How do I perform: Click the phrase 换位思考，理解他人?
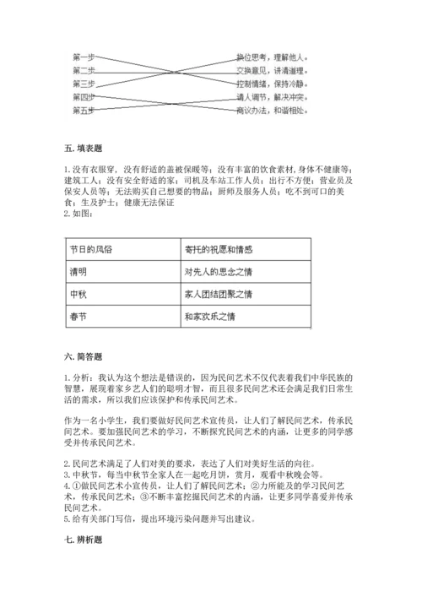click(272, 57)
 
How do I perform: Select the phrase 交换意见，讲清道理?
click(272, 70)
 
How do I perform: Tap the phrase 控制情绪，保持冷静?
click(272, 84)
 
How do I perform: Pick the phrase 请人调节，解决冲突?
click(272, 97)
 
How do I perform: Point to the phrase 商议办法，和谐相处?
click(272, 111)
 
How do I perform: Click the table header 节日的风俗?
click(91, 251)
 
